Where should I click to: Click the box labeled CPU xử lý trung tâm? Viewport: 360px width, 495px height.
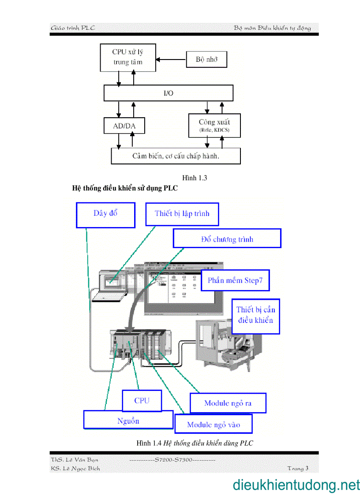[x=128, y=57]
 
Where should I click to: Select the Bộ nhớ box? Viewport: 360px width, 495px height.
[x=206, y=59]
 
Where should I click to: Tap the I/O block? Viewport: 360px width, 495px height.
[x=168, y=93]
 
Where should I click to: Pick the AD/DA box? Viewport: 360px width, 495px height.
[x=124, y=126]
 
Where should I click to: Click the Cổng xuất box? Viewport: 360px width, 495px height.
[x=214, y=126]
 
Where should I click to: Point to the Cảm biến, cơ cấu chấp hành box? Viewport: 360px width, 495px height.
[x=176, y=156]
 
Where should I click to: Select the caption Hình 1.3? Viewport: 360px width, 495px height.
[x=195, y=178]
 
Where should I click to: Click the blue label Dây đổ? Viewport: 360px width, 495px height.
[x=105, y=215]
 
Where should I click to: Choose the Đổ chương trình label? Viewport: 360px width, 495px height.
[x=227, y=239]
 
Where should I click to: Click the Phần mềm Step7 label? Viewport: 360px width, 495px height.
[x=235, y=280]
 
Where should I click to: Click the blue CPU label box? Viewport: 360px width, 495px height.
[x=142, y=401]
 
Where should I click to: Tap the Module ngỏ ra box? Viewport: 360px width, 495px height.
[x=228, y=403]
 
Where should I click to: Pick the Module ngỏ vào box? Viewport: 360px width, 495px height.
[x=214, y=424]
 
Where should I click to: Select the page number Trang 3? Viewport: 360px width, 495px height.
[x=298, y=468]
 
